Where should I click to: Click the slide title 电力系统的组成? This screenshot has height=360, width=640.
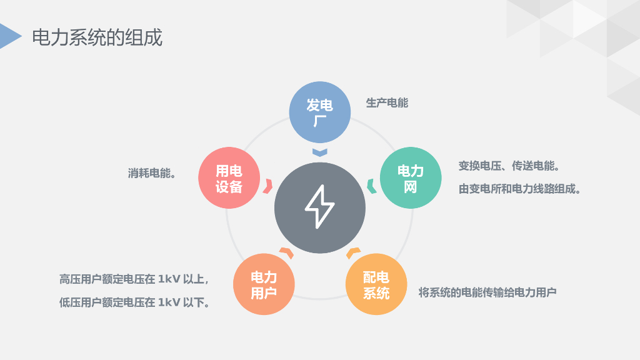click(x=97, y=37)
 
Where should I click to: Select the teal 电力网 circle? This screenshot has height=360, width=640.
click(x=411, y=178)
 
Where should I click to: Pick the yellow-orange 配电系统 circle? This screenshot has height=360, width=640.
click(x=376, y=284)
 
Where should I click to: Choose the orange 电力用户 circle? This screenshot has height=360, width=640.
click(x=264, y=284)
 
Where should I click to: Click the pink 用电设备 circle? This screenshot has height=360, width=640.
click(x=229, y=178)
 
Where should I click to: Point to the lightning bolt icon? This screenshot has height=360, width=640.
click(x=320, y=207)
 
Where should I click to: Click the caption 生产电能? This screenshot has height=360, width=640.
click(x=387, y=103)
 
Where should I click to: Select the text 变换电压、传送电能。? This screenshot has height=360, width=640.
click(x=509, y=166)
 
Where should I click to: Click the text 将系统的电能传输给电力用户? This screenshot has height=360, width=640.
click(x=487, y=292)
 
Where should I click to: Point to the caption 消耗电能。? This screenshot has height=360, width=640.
click(x=152, y=173)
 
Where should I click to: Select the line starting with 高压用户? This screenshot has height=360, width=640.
click(x=134, y=279)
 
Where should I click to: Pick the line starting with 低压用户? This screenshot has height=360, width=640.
click(x=134, y=302)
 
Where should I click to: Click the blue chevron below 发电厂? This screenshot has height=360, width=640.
click(x=319, y=152)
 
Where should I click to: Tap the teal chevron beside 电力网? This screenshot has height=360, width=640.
click(x=371, y=186)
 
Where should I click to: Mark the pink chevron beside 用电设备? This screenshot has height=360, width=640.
click(x=269, y=186)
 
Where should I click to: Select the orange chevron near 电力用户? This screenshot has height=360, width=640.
click(x=286, y=252)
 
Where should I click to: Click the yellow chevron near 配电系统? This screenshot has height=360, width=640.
click(x=353, y=252)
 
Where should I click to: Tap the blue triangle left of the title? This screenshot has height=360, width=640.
click(x=9, y=36)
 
